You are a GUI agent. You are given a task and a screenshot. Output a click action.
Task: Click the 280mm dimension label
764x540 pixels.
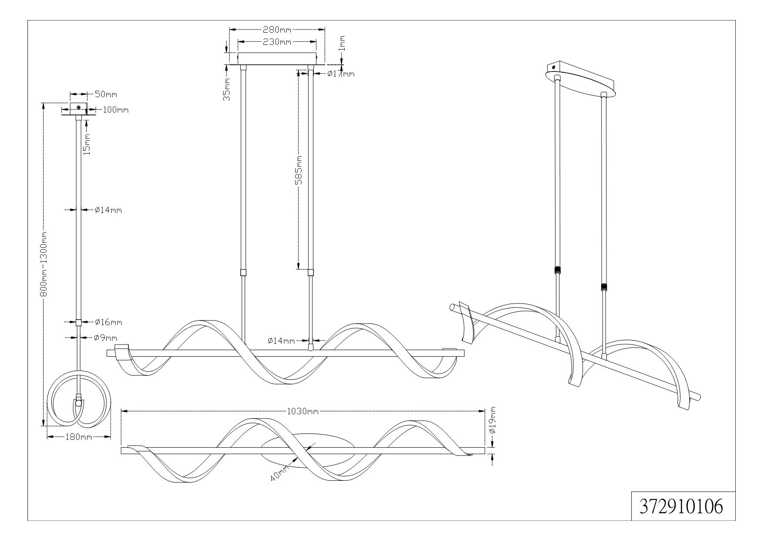(x=276, y=30)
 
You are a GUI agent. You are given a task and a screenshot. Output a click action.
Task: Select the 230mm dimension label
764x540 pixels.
(x=276, y=42)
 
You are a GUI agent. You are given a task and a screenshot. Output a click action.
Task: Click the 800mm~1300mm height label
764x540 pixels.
(x=44, y=265)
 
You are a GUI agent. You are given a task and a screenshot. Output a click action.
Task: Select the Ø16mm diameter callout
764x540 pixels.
(x=108, y=322)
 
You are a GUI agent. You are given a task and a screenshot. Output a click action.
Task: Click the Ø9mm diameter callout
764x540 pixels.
(x=106, y=337)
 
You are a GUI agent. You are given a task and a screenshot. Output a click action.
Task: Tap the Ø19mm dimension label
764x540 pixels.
(x=492, y=420)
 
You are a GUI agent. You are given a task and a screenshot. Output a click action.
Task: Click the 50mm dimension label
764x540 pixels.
(x=106, y=94)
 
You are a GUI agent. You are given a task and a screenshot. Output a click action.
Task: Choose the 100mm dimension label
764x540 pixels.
(x=115, y=110)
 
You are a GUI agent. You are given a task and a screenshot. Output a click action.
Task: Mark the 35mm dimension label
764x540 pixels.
(x=227, y=91)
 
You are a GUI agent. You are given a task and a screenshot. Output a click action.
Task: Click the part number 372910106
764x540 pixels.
(x=682, y=506)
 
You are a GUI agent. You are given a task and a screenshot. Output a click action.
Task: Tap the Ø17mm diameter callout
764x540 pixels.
(x=341, y=74)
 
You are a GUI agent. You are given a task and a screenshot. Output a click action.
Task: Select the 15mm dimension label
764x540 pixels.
(x=87, y=145)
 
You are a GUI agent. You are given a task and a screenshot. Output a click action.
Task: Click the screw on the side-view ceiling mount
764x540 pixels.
(x=78, y=108)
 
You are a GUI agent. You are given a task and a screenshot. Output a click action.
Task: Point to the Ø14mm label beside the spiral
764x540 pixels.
(x=281, y=340)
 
